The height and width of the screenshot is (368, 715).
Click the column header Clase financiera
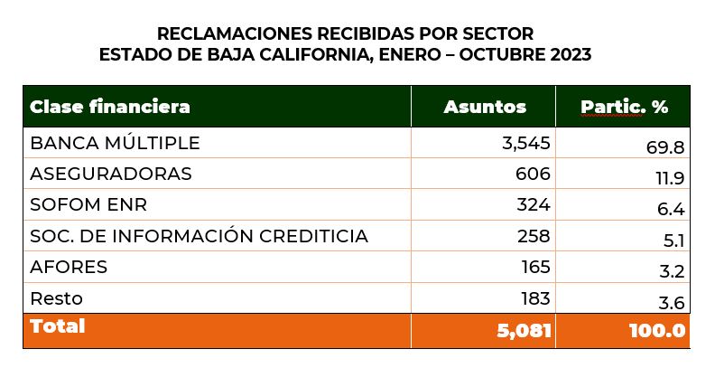click(110, 107)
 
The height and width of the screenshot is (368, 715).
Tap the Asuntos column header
click(485, 107)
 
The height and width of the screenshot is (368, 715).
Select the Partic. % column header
click(624, 107)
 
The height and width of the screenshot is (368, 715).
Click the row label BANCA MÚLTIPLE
click(115, 143)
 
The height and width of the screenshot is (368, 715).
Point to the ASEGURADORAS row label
click(111, 174)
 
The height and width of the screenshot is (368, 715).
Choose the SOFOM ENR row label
click(88, 204)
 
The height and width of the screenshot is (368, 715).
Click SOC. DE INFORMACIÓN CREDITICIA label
click(199, 236)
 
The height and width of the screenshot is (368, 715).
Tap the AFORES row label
click(69, 267)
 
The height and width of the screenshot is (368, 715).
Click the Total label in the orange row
click(58, 326)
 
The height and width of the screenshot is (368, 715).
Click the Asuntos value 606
click(533, 174)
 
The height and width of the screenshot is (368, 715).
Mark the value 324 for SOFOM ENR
click(533, 204)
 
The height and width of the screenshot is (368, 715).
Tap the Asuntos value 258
click(533, 236)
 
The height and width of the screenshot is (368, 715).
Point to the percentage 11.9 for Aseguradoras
click(669, 179)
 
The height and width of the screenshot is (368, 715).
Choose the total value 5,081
click(524, 331)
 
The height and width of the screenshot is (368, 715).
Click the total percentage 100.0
click(657, 331)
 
